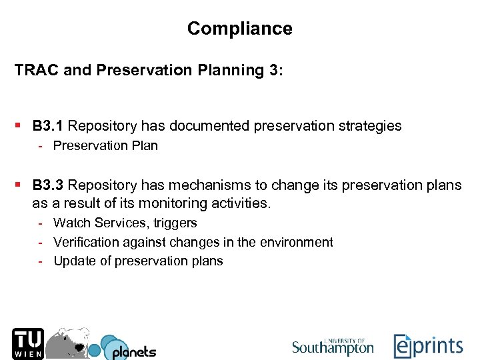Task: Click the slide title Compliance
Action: click(x=239, y=29)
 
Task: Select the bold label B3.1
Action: click(x=48, y=125)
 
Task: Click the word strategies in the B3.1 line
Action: click(x=370, y=125)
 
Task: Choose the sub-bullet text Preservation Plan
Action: click(x=105, y=145)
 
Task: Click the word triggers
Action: click(x=175, y=223)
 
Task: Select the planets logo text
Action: click(x=133, y=351)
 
